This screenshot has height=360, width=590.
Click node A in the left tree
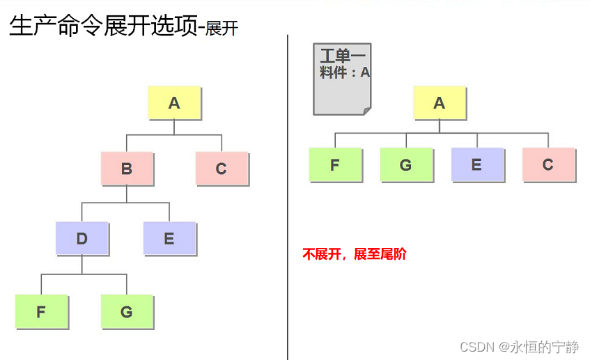pos(174,103)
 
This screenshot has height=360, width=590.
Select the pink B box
pos(127,169)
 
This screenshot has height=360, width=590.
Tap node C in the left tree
pos(222,169)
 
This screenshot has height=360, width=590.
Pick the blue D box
pos(82,238)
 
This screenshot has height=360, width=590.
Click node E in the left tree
pos(169,238)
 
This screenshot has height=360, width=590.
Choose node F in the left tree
pos(41,311)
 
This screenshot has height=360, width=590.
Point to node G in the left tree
pos(127,311)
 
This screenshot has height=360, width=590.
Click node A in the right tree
pos(439,103)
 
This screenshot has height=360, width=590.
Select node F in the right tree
pos(335,164)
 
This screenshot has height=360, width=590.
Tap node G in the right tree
pos(406,164)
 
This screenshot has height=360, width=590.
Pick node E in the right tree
pos(477,164)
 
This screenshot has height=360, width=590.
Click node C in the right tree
pos(548,164)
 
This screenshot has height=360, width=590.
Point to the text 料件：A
pos(345,72)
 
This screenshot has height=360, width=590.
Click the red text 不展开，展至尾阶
pos(354,254)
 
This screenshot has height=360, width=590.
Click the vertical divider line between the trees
pos(288,209)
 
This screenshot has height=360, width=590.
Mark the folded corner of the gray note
pos(366,109)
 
